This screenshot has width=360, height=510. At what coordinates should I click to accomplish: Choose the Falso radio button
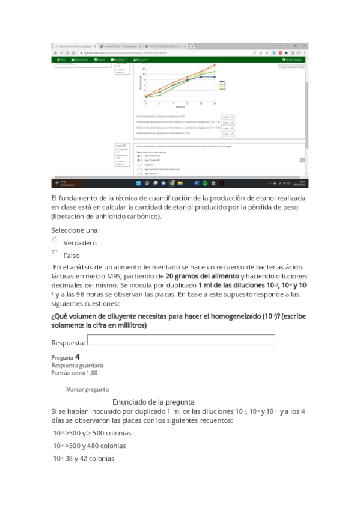55,252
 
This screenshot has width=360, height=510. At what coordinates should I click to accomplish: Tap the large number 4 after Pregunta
78,357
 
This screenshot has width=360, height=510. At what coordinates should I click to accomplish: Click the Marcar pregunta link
87,389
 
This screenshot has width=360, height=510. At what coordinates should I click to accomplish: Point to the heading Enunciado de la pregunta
153,401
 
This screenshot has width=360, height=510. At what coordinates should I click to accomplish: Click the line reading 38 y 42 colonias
84,459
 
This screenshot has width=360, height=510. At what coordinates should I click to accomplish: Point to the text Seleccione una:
75,230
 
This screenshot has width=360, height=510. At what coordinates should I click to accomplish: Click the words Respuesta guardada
77,365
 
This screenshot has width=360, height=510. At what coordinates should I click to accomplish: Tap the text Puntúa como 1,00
75,373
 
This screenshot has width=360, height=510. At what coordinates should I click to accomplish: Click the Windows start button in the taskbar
138,183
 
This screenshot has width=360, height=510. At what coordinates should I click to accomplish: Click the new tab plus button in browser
192,46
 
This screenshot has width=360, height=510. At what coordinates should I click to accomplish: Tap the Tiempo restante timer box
291,67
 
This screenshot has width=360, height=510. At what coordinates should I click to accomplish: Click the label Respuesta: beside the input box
68,342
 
